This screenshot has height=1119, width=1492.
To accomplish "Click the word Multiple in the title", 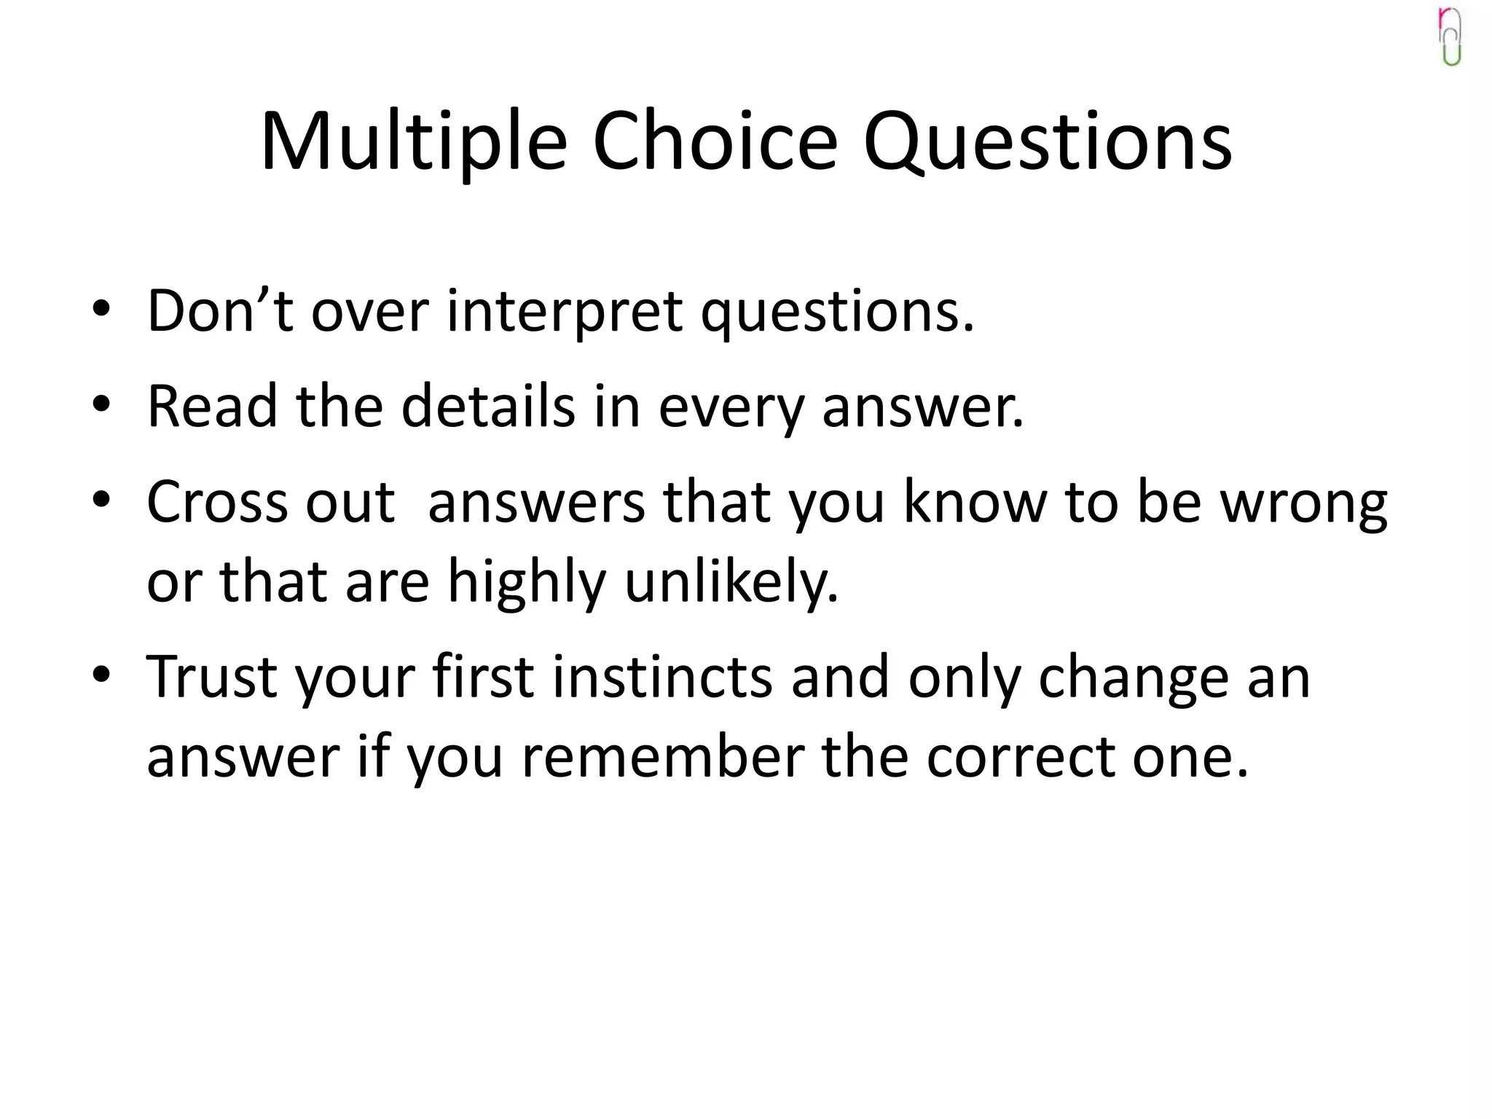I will click(413, 142).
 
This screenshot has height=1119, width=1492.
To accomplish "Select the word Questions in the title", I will click(1048, 142).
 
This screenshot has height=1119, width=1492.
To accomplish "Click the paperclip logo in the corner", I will click(1450, 36).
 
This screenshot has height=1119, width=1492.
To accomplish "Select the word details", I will click(488, 406).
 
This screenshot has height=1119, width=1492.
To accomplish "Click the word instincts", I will click(662, 677).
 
